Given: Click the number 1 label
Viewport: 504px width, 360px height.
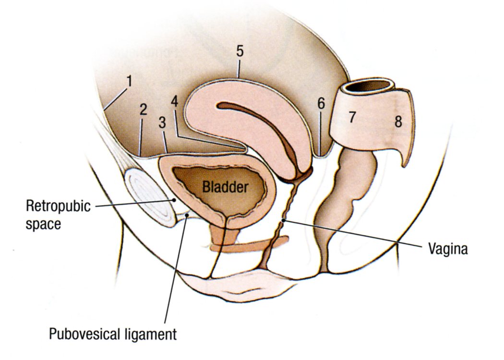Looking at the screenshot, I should click(x=128, y=82).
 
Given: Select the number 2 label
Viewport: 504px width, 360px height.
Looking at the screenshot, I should click(x=143, y=110).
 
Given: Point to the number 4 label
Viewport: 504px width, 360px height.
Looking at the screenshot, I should click(x=175, y=102).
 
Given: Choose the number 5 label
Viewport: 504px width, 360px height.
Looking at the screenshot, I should click(x=240, y=52).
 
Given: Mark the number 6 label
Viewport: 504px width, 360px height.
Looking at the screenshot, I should click(x=321, y=103).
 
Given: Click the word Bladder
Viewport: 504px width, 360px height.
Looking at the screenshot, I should click(x=225, y=187).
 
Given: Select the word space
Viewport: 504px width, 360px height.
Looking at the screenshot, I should click(x=43, y=224).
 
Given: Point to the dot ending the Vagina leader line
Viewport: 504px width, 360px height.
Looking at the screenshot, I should click(x=284, y=220).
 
